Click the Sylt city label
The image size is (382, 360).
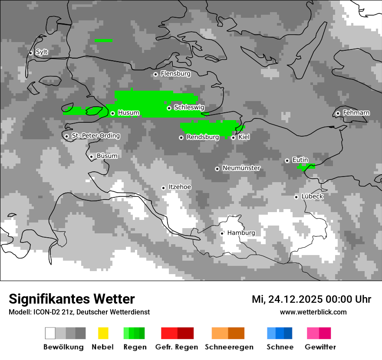[42, 52]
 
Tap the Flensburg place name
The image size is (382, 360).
[175, 74]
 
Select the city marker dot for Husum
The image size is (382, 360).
[112, 113]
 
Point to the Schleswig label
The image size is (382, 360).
[189, 107]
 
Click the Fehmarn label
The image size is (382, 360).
[356, 113]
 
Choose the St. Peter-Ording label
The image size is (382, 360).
[95, 136]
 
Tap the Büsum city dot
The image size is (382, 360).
[91, 157]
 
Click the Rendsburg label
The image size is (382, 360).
[202, 137]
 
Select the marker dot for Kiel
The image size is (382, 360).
[233, 137]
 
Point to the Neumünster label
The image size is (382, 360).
[241, 168]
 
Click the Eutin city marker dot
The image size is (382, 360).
[287, 160]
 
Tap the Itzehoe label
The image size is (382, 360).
[180, 187]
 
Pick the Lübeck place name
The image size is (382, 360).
[312, 196]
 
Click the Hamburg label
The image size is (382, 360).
[241, 233]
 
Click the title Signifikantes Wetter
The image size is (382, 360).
[72, 299]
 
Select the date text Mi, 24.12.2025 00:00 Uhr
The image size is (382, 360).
[311, 299]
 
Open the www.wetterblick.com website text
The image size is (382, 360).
[313, 312]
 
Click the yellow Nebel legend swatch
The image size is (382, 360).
[103, 333]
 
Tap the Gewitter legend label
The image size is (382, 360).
[320, 347]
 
